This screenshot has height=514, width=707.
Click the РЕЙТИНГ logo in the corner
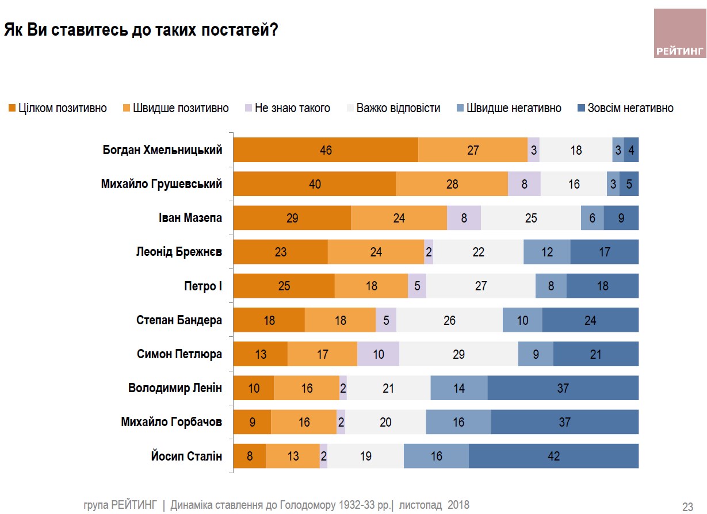[679, 33]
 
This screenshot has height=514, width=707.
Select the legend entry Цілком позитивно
[57, 108]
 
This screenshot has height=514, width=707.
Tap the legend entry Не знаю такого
[287, 108]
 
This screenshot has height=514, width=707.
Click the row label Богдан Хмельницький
[162, 151]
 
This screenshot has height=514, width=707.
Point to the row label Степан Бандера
[179, 320]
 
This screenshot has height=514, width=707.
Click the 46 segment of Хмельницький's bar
[326, 151]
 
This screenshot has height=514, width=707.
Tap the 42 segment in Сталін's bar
[553, 457]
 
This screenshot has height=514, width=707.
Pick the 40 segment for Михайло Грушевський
[315, 185]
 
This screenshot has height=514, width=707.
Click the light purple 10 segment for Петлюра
[378, 354]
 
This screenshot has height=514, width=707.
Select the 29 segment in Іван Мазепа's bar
[292, 218]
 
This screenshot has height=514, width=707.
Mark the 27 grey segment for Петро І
[481, 286]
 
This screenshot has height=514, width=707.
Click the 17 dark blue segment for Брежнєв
[605, 252]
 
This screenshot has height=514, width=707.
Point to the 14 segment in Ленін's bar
[458, 388]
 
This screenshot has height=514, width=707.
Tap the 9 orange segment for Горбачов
[252, 423]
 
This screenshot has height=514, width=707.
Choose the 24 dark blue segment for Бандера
[590, 320]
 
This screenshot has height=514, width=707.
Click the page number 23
[687, 507]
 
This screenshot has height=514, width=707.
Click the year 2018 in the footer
[457, 505]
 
